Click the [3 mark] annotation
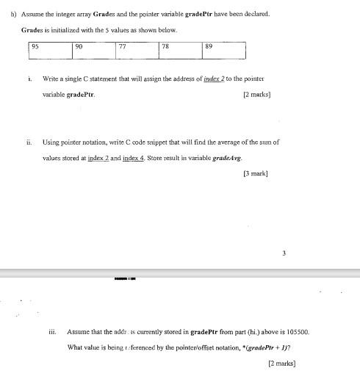(x=255, y=173)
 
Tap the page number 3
(x=284, y=253)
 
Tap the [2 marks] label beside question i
(x=257, y=94)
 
